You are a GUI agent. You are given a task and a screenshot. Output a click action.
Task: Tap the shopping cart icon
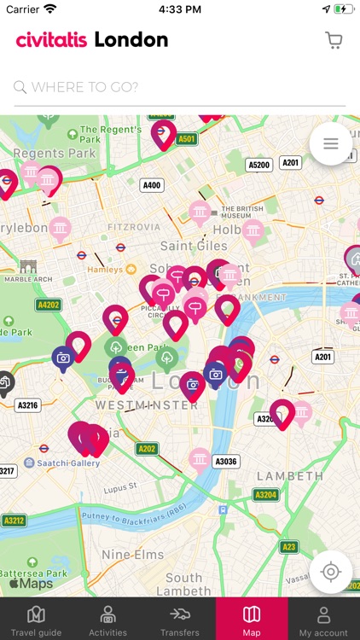point(334,40)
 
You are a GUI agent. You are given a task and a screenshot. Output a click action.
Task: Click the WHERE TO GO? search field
point(179,87)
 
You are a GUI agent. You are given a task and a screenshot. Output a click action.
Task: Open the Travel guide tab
point(36,620)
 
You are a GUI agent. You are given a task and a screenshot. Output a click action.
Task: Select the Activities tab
point(107,620)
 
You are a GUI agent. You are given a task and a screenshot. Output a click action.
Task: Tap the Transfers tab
point(179,620)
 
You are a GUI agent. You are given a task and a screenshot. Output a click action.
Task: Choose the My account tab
point(323,620)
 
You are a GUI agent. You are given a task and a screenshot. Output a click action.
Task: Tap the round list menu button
point(331,144)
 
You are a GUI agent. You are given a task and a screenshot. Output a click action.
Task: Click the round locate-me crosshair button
point(331,571)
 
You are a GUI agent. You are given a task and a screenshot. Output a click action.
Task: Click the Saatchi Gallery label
point(64,463)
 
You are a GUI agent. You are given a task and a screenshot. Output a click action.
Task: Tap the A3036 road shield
point(226,462)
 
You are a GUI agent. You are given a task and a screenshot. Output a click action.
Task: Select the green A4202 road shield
point(49,304)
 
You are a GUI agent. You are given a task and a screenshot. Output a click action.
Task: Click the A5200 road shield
point(258,165)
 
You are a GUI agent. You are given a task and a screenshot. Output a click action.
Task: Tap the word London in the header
point(131,40)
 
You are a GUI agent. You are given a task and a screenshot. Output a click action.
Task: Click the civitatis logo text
point(51,40)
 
